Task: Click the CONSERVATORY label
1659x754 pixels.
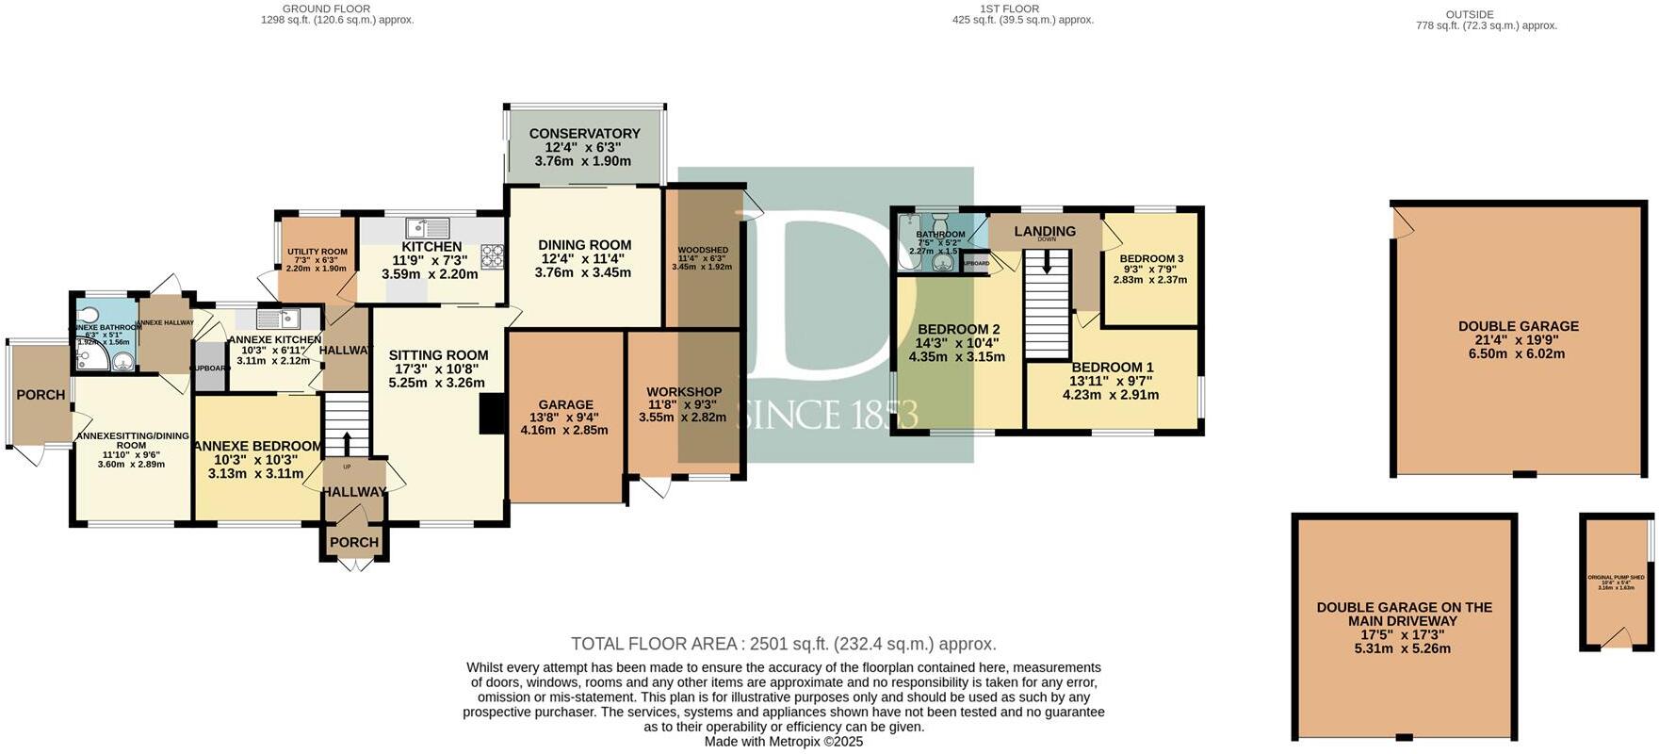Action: coord(584,134)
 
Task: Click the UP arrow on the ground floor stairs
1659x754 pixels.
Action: coord(347,443)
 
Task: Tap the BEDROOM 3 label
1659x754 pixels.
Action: coord(1151,258)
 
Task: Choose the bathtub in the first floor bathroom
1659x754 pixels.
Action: coord(908,243)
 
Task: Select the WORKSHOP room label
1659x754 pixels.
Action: coord(684,392)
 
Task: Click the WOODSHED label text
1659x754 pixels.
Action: coord(702,251)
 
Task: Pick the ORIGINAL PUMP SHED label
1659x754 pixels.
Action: coord(1616,577)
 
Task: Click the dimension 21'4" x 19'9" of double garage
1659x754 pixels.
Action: coord(1518,340)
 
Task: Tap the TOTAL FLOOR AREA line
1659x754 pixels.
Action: coord(783,644)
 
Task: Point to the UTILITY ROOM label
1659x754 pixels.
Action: coord(317,252)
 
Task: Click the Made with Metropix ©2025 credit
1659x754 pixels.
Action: coord(784,742)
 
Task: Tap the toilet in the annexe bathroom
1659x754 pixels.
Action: coord(89,315)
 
